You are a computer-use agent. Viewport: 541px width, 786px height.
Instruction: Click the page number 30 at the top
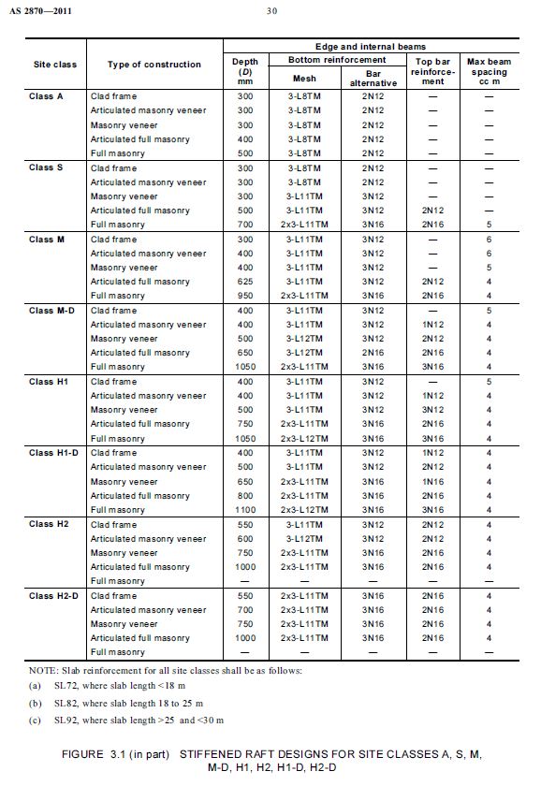point(270,12)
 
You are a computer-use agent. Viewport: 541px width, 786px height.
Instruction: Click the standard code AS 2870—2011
point(42,12)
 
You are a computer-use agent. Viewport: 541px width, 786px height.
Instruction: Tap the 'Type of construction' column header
point(154,65)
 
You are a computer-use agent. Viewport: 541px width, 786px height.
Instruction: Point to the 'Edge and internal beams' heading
point(371,46)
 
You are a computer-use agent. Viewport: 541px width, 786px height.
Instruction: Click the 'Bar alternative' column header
point(373,77)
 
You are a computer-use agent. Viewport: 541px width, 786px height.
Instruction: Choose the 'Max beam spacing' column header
point(487,71)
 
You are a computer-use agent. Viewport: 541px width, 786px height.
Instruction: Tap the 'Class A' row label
point(46,96)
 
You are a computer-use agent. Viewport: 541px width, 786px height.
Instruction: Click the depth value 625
point(244,282)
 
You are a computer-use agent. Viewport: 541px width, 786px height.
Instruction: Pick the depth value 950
point(244,296)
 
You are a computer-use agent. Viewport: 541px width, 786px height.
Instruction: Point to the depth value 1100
point(244,510)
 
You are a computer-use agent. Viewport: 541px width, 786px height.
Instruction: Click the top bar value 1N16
point(432,482)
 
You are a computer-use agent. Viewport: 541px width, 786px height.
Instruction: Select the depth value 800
point(244,496)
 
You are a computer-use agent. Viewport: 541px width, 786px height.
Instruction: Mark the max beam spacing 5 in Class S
point(488,225)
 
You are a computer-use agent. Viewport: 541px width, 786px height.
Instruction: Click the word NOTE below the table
point(46,669)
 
